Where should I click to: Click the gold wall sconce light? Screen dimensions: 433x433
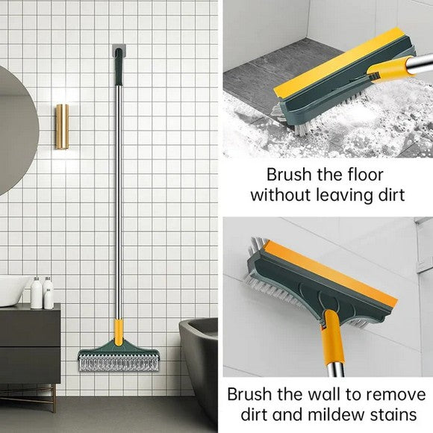click(x=61, y=126)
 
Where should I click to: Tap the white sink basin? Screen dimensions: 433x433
click(x=13, y=290)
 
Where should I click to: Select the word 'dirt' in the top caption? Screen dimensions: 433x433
click(x=389, y=196)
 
